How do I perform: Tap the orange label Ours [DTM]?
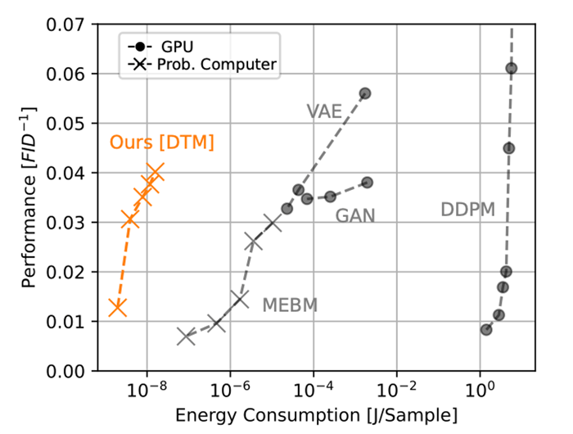point(161,142)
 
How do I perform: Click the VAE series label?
point(325,111)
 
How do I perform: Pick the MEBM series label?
point(289,305)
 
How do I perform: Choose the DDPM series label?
point(467,210)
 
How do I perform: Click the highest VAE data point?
point(365,93)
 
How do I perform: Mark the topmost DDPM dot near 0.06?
point(512,68)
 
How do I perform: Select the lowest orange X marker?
point(118,307)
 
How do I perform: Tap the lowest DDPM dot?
point(486,329)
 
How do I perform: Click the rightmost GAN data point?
point(367,182)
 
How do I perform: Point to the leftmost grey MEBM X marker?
point(186,336)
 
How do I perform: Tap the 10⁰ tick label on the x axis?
point(480,387)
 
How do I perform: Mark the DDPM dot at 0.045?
point(509,148)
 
